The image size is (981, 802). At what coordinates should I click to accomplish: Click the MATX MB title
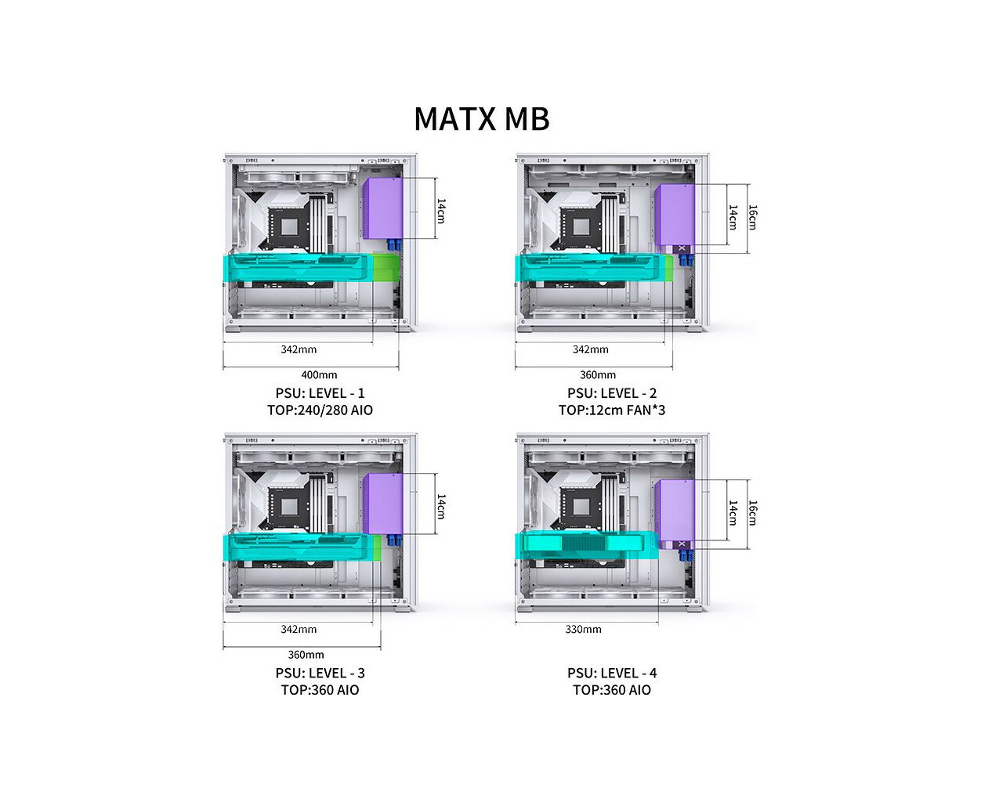pos(481,118)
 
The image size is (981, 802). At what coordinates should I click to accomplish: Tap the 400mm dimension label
pos(319,374)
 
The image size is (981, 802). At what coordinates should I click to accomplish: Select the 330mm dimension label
pos(583,629)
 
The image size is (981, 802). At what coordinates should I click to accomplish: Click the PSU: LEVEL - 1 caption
pos(320,393)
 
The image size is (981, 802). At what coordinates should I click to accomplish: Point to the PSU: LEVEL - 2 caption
pos(612,393)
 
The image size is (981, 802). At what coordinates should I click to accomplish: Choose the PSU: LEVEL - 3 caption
pos(320,674)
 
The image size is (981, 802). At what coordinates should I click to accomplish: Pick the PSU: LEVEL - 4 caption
pos(612,674)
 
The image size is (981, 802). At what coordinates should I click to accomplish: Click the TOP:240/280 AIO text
pos(320,410)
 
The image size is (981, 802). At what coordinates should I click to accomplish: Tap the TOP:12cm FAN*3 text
pos(612,410)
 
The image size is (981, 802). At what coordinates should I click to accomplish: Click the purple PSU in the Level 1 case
pos(382,208)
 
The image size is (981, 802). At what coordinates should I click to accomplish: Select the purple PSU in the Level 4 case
pos(675,515)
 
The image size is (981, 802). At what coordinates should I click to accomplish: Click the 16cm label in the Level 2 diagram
pos(753,217)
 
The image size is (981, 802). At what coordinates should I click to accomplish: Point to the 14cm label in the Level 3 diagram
pos(441,507)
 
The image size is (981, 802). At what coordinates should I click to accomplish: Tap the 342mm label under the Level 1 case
pos(299,349)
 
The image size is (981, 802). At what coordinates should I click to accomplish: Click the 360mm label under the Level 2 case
pos(598,374)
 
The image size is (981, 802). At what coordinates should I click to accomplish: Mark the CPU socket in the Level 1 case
pos(289,227)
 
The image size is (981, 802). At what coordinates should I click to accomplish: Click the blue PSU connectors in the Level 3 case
pos(394,540)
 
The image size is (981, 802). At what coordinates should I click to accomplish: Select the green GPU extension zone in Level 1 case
pos(386,267)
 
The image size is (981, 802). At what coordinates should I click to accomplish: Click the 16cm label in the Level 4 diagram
pos(753,513)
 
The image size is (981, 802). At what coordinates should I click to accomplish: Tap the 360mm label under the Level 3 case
pos(306,655)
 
